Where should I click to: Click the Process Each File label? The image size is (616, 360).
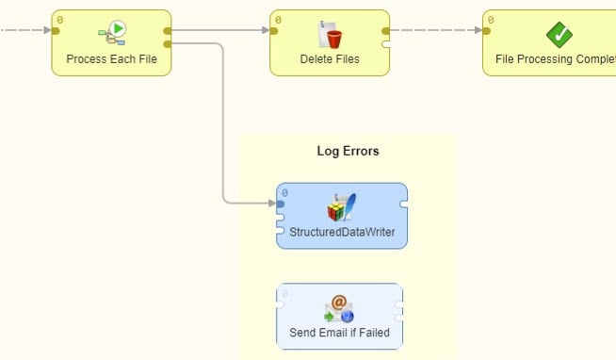click(111, 59)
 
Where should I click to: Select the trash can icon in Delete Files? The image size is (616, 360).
click(331, 35)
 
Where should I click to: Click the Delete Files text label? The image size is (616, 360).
click(330, 59)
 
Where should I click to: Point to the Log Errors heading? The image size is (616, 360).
click(348, 151)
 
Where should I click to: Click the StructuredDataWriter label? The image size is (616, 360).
click(342, 232)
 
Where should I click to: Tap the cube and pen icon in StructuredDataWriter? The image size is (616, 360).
click(341, 207)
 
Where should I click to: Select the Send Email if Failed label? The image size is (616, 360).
click(340, 332)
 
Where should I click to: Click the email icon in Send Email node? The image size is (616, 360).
click(339, 307)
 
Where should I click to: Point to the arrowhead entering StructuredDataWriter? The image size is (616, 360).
click(269, 203)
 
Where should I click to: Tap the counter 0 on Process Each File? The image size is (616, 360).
click(60, 19)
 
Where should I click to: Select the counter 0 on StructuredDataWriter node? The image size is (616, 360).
click(284, 192)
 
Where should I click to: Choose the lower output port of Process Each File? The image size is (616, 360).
click(168, 43)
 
